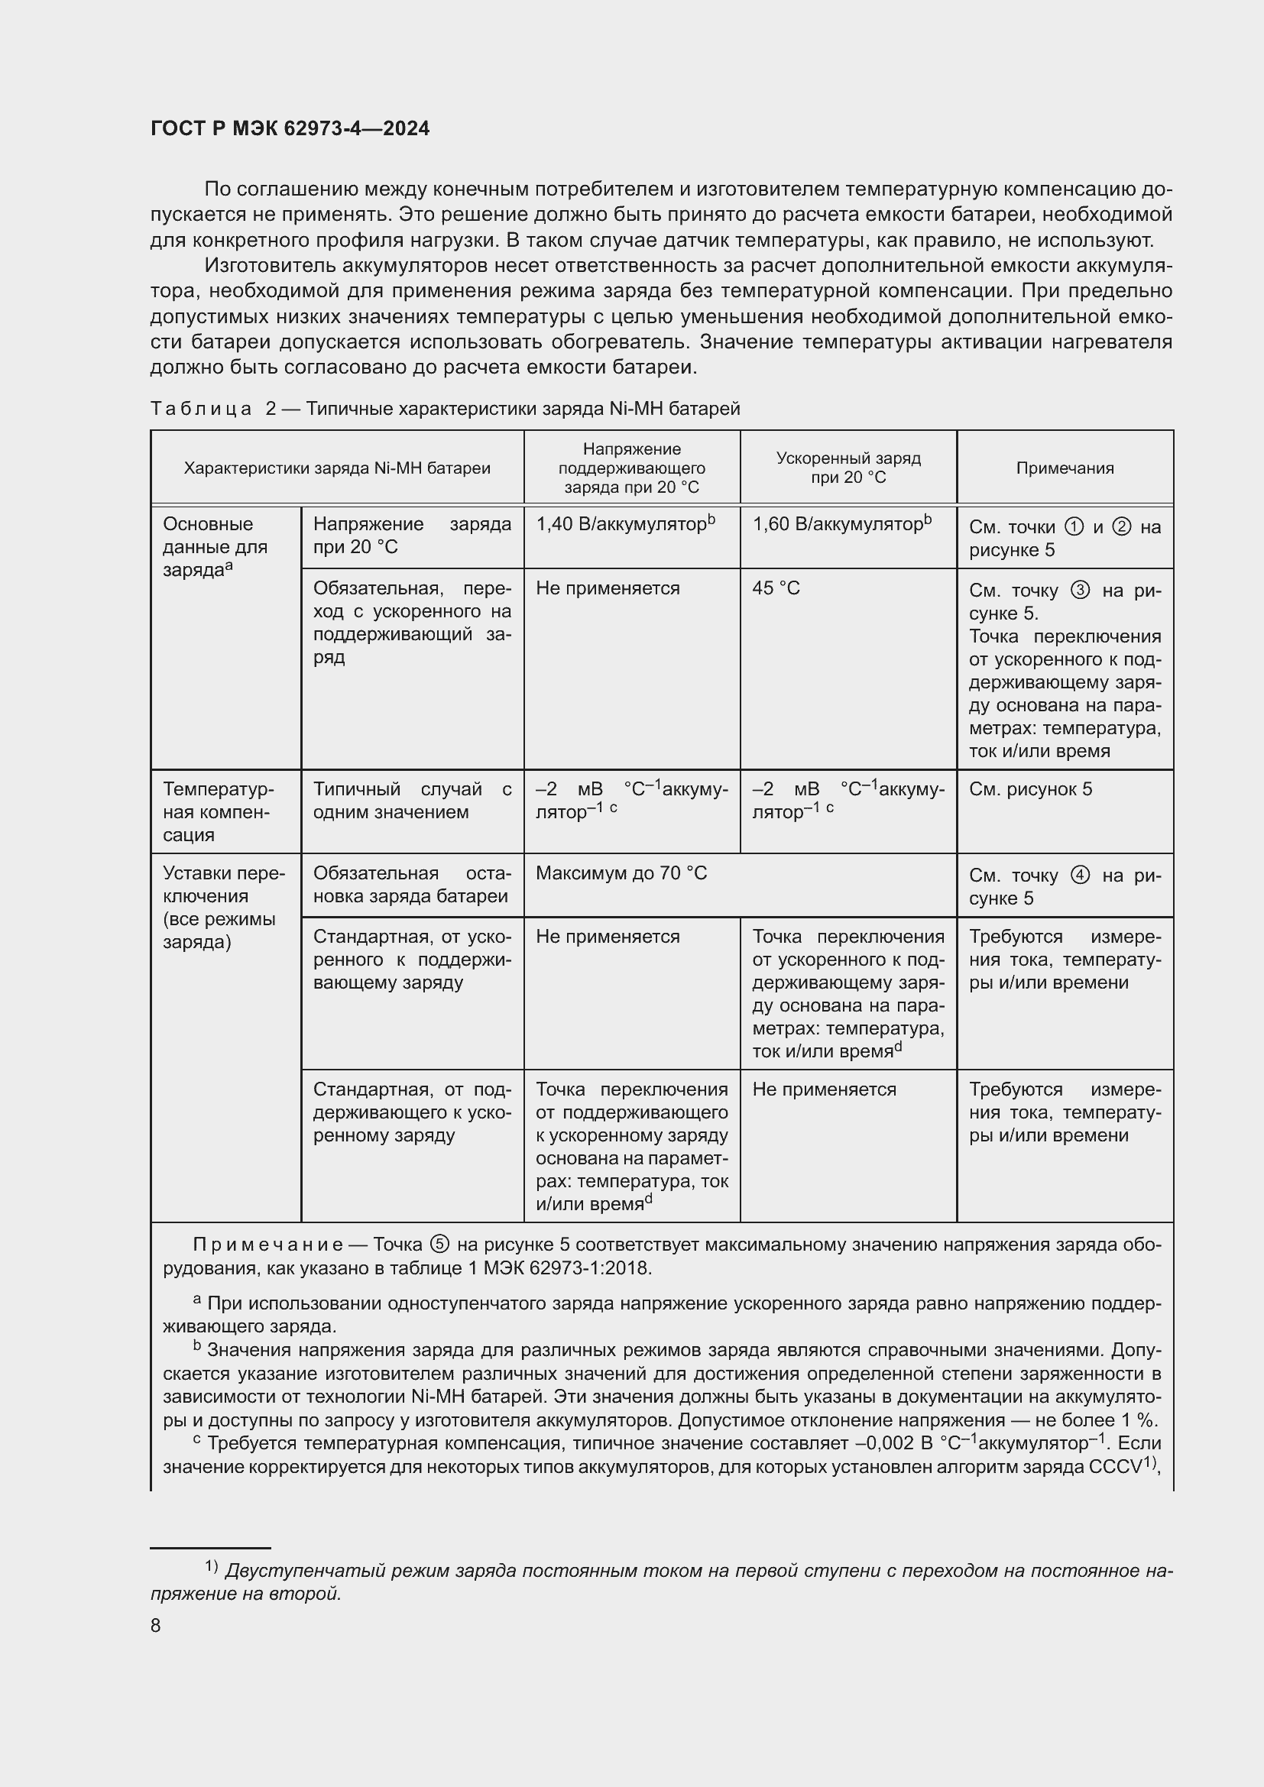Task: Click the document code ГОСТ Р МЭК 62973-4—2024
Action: coord(290,129)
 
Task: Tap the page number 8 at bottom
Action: coord(156,1625)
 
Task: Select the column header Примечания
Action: coord(1064,468)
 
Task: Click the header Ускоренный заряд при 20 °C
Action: coord(848,468)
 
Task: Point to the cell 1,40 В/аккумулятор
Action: coord(624,525)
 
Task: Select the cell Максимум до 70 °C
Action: coord(621,873)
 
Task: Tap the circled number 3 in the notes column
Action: coord(1080,591)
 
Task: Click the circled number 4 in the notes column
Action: coord(1080,876)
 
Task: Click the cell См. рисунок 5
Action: coord(1029,789)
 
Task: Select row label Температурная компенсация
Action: coord(218,812)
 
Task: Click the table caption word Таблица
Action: coord(201,410)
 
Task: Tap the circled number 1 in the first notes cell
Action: coord(1073,527)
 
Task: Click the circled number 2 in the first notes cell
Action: coord(1122,527)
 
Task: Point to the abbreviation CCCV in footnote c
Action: coord(1113,1467)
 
